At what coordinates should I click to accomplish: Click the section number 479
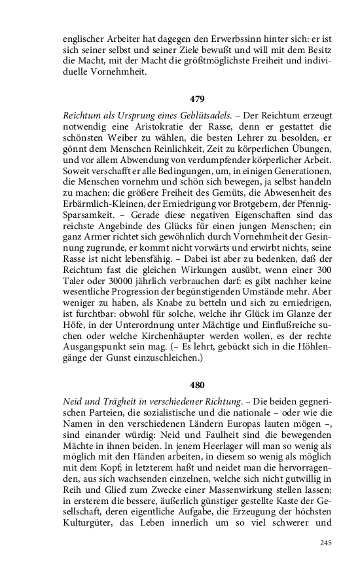point(197,99)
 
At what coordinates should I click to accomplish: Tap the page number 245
point(326,543)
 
